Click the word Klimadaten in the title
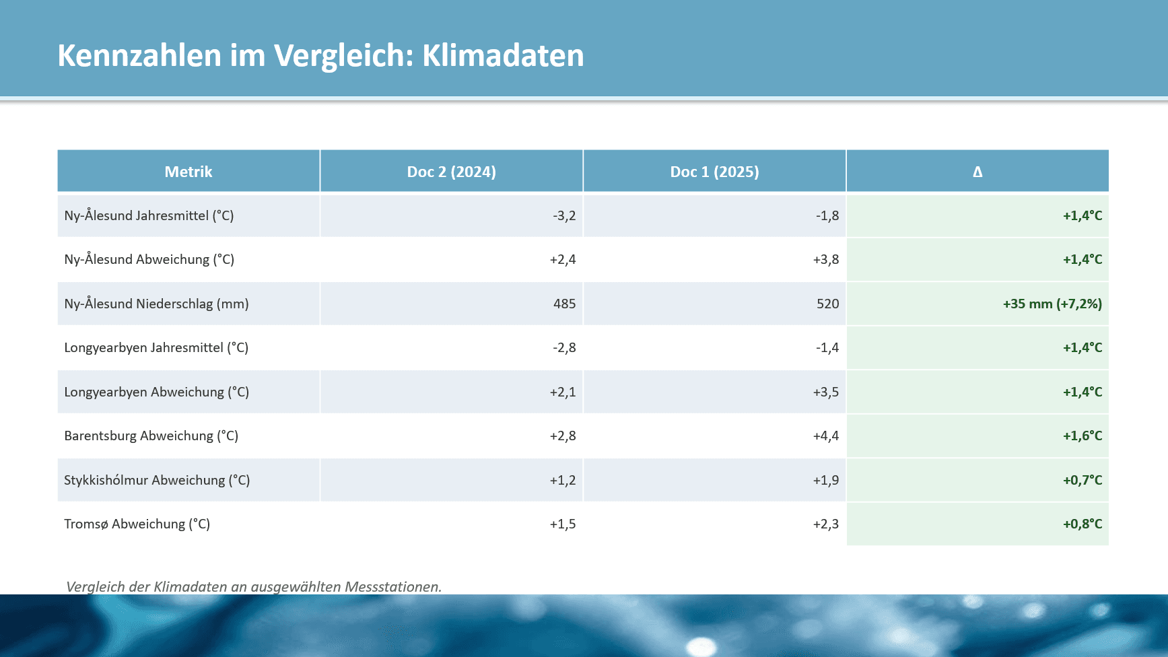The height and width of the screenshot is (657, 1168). [x=503, y=55]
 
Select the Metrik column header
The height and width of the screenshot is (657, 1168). [x=188, y=172]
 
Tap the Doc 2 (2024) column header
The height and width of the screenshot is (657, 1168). [x=451, y=172]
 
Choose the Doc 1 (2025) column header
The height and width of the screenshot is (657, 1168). [x=714, y=172]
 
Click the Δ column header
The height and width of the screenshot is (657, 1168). [x=977, y=172]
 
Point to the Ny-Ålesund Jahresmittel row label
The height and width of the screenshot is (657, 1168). [x=149, y=215]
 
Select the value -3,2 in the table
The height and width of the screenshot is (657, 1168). [x=564, y=215]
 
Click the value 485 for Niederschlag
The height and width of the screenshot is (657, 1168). [x=564, y=304]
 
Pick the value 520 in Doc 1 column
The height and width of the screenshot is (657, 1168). [x=827, y=304]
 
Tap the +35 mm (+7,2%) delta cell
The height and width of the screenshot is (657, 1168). [x=1052, y=304]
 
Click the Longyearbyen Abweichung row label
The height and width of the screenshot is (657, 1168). [x=156, y=392]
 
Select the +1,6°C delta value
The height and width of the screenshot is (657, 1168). [x=1082, y=436]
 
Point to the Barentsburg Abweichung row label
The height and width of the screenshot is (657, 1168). [x=151, y=436]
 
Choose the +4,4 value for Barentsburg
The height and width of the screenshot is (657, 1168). [x=825, y=436]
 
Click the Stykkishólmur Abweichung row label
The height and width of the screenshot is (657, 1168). [x=157, y=480]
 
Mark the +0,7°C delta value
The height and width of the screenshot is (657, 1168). [x=1082, y=480]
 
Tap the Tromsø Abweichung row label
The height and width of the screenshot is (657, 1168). [x=137, y=524]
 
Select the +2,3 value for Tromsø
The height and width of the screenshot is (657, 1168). [x=825, y=524]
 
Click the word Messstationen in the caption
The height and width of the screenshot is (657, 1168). [x=392, y=586]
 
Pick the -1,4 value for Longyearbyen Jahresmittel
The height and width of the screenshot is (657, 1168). [x=827, y=347]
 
